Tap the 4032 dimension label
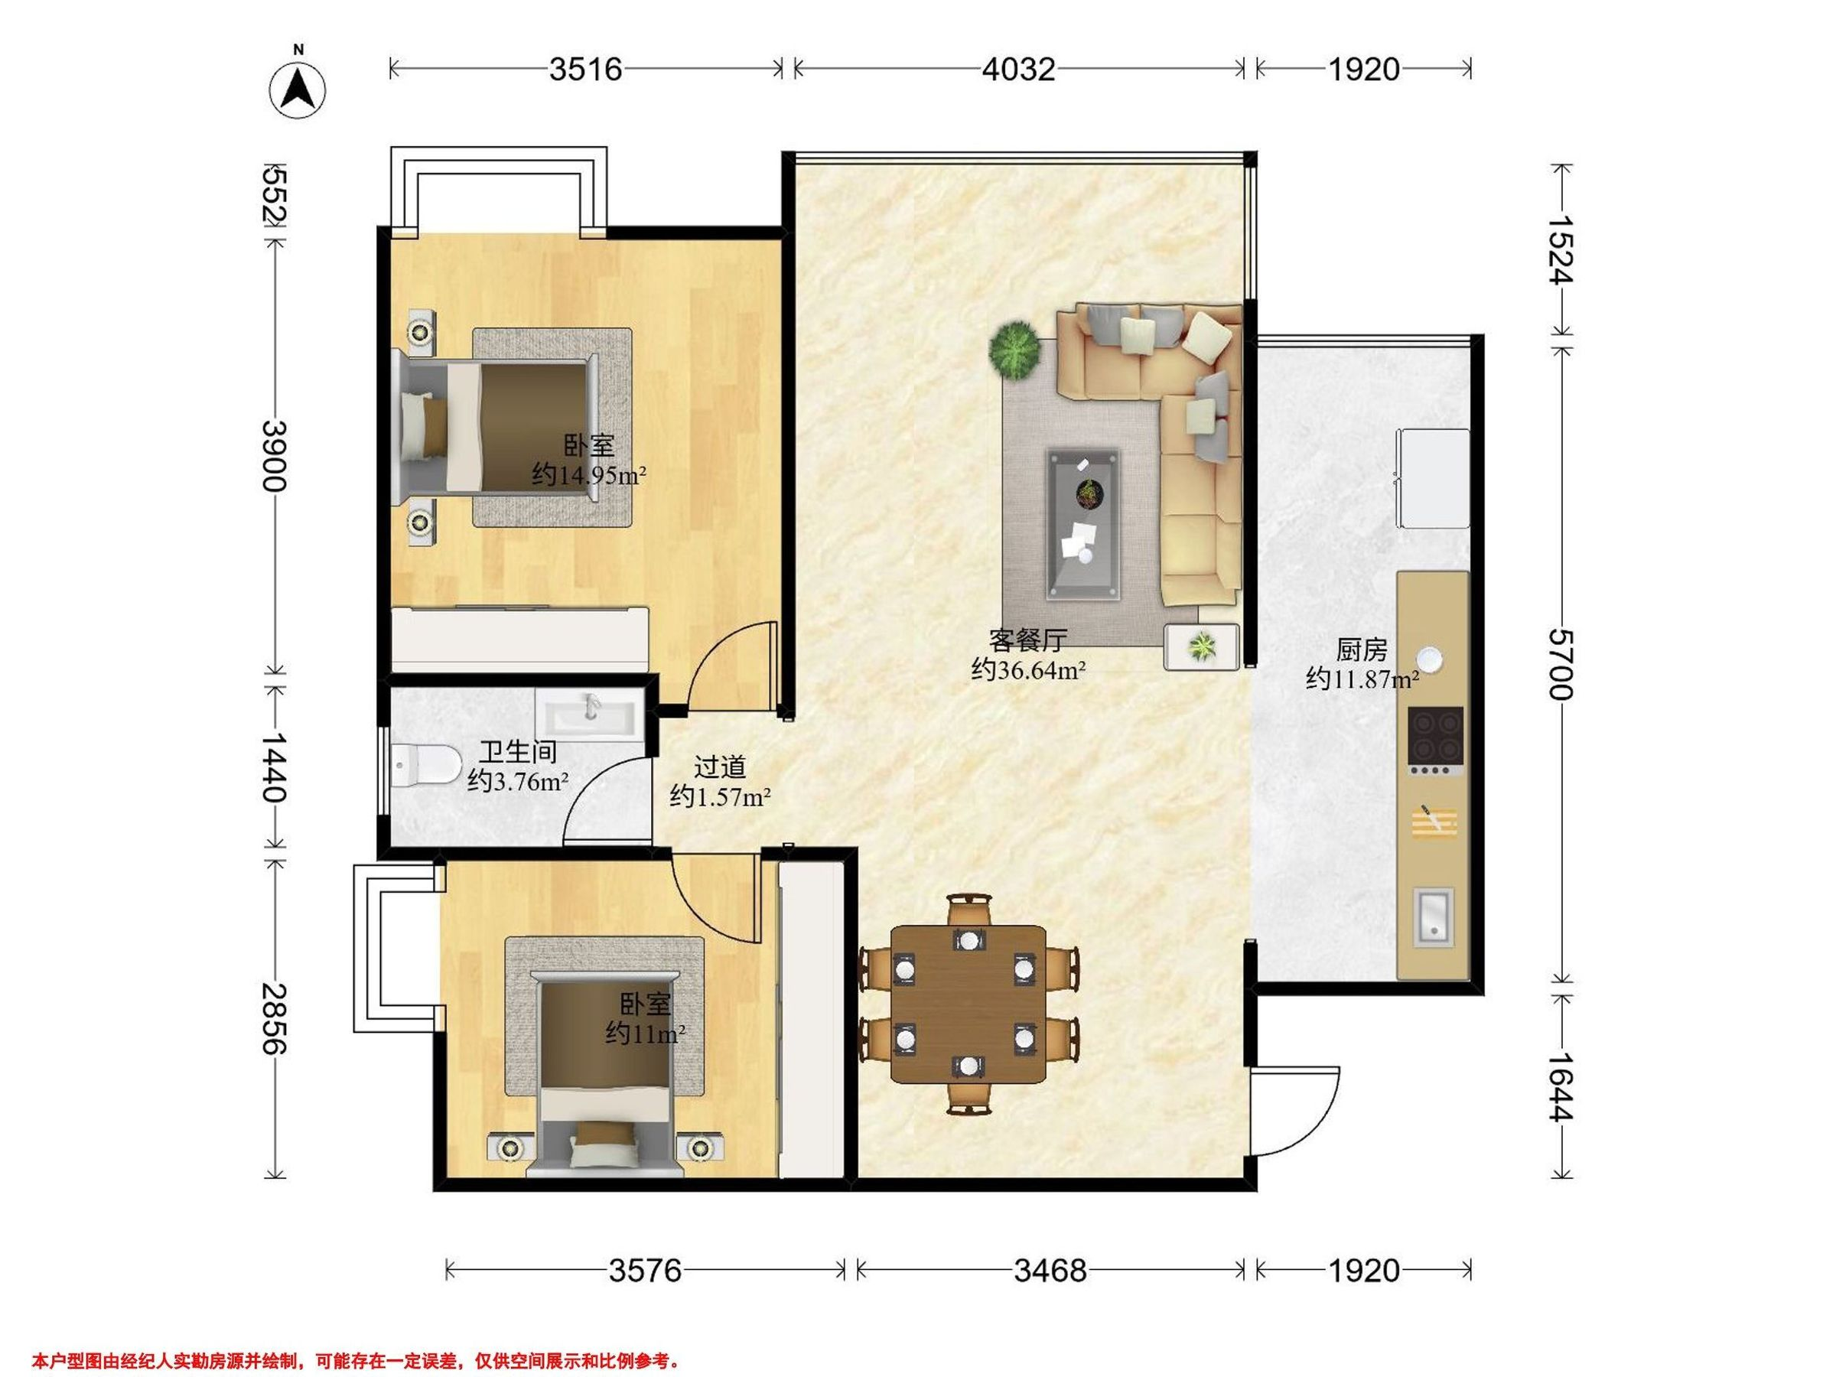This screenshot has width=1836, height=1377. point(1018,70)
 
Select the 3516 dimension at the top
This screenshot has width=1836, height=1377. point(585,70)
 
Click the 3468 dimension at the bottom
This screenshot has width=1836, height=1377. point(1050,1271)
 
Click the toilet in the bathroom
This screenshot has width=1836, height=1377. point(426,764)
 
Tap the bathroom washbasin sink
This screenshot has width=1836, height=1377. point(590,713)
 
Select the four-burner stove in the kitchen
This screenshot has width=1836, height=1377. point(1435,741)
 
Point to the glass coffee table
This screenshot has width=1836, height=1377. point(1084,525)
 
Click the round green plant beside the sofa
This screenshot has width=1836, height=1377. point(1014,351)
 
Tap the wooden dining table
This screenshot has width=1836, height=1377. point(968,1005)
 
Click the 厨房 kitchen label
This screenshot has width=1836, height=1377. point(1361,648)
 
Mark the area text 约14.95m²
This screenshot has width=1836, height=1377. point(589,476)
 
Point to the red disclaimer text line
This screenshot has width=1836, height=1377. point(357,1362)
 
